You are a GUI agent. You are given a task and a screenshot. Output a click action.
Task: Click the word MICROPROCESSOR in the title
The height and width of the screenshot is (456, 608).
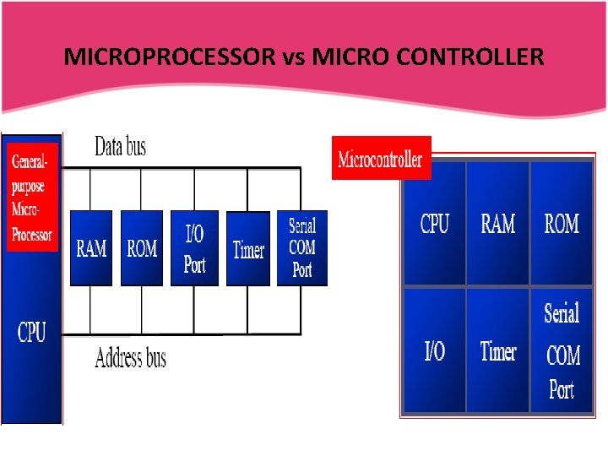coord(170,57)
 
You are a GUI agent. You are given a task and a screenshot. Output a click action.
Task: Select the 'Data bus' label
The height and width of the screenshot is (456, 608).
coord(120,147)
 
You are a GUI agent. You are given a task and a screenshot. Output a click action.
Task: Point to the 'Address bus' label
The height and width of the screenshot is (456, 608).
coord(130,358)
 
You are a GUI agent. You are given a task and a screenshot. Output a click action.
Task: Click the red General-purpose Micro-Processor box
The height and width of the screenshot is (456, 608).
coord(33,196)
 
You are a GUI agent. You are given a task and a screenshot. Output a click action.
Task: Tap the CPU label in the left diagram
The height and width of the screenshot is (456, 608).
coord(32,332)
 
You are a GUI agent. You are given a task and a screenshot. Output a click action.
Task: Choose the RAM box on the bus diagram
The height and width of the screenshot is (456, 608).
coord(91,248)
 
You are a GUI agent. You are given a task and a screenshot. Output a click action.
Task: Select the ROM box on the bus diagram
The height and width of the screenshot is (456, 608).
coord(142,248)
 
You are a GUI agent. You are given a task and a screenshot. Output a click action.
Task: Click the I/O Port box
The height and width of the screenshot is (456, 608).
coord(194,248)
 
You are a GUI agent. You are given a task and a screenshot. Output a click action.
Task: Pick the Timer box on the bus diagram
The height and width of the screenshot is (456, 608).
coord(248,248)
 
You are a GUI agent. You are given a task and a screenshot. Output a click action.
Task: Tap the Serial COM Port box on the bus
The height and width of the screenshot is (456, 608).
coord(301,248)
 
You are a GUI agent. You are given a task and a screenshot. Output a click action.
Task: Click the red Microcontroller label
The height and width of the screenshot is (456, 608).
coord(381,159)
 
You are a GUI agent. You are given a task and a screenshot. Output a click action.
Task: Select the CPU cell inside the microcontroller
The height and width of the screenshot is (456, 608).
coord(434,224)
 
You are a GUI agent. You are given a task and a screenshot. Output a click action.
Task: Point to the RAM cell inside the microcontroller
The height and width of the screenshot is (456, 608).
coord(497,224)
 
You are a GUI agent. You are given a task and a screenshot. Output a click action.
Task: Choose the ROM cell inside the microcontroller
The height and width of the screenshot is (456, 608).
coord(562,224)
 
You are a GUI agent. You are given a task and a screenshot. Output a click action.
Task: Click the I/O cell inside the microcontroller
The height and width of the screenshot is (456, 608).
coord(434,350)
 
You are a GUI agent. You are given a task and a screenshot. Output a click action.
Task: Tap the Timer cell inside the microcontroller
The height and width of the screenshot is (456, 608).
coord(497,350)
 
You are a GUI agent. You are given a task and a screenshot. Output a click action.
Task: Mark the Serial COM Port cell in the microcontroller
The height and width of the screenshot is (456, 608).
coord(562,350)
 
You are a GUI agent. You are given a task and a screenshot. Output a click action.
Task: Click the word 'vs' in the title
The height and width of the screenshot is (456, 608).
coord(290,57)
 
